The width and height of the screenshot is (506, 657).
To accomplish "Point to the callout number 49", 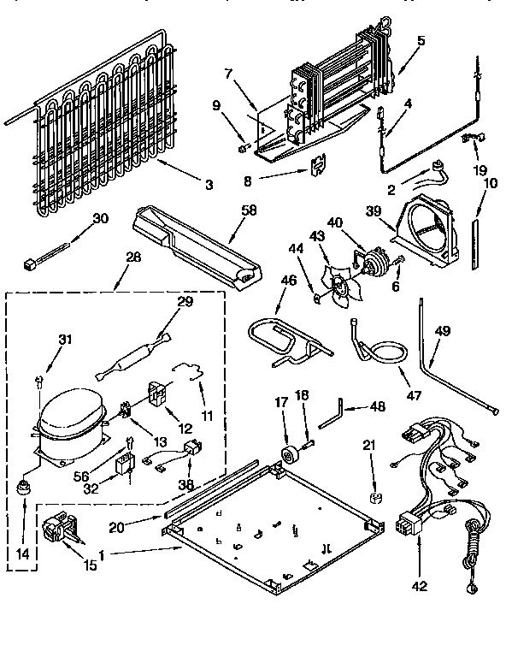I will pyautogui.click(x=442, y=331).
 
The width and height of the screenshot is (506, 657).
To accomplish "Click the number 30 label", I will pyautogui.click(x=101, y=218).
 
